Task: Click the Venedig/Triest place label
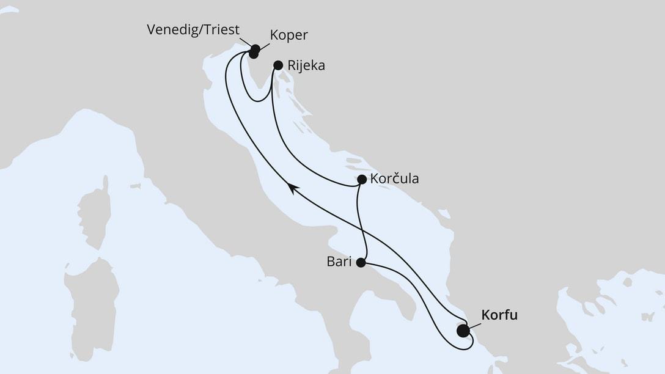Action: tap(193, 30)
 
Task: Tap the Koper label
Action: tap(288, 35)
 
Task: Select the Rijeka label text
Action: tap(307, 65)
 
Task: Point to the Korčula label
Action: tap(394, 180)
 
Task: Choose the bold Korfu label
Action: tap(499, 315)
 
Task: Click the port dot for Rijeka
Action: tap(278, 65)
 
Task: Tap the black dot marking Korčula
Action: tap(361, 180)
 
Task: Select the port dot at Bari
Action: tap(361, 263)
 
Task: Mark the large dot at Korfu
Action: tap(463, 331)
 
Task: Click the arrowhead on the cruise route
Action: tap(293, 189)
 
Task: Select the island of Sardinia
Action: tap(92, 306)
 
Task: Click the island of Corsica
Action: tap(95, 211)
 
